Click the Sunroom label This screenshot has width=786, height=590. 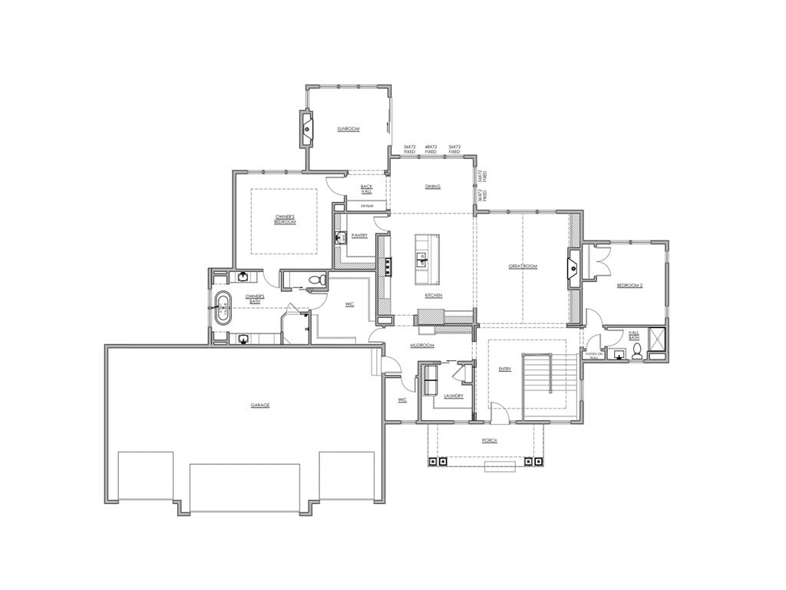[348, 129]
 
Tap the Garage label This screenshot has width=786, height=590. [259, 405]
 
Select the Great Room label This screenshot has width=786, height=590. [523, 267]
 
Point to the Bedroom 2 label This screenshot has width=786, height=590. [629, 286]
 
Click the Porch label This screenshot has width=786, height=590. [489, 441]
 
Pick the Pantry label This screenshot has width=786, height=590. [359, 235]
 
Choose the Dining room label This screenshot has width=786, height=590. [432, 187]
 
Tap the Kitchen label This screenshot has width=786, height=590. [434, 296]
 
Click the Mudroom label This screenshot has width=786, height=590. [422, 346]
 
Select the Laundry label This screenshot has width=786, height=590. [453, 396]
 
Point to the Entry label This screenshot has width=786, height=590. [504, 370]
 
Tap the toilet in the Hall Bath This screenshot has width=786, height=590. [636, 352]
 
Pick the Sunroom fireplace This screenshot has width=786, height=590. [306, 129]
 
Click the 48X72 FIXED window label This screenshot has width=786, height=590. [431, 149]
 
